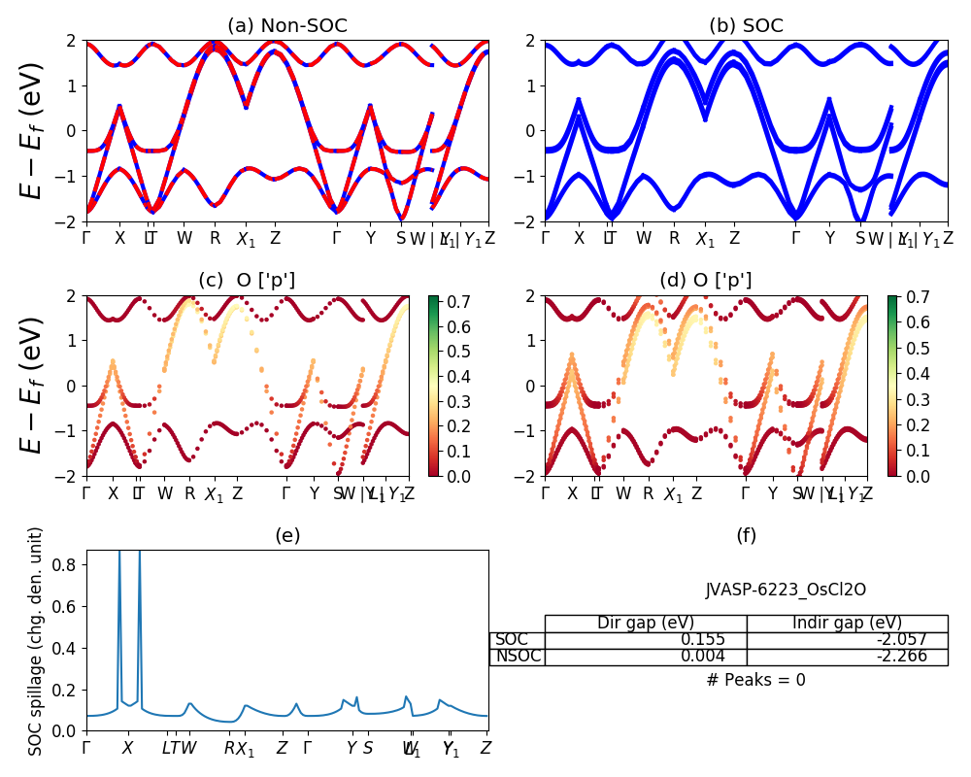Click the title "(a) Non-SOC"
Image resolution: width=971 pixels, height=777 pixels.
pos(286,26)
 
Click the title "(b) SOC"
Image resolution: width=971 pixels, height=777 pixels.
pos(746,26)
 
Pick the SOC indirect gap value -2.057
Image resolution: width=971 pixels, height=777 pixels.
pos(899,640)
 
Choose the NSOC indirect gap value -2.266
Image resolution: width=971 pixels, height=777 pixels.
pos(899,657)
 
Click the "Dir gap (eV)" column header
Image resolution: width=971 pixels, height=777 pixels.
pos(645,624)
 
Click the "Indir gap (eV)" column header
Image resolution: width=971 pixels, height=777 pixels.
pos(847,624)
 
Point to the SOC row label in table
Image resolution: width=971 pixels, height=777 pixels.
pos(512,640)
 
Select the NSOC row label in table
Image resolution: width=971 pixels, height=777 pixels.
pos(517,657)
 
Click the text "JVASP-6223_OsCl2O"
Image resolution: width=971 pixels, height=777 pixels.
pos(786,590)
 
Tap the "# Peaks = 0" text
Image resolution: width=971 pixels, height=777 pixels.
pos(755,681)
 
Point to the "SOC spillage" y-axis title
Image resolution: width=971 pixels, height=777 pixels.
pos(36,641)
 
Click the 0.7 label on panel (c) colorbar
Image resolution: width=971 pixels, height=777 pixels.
pos(446,302)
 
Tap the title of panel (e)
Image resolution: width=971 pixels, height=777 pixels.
pos(287,535)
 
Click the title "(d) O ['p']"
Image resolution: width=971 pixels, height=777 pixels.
pos(706,281)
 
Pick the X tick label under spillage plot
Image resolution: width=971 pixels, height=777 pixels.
pos(127,749)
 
